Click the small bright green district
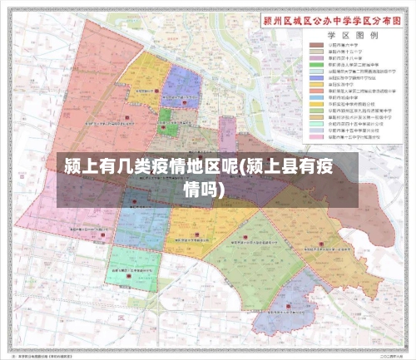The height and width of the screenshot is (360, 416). click(168, 122)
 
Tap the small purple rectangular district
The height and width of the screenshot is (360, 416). click(227, 132)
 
